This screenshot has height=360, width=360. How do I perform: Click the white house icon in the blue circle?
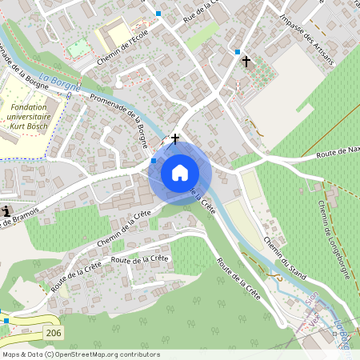point(180,172)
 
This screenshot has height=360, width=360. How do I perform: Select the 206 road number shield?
point(52,331)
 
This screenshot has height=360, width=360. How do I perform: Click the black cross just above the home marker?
point(175,138)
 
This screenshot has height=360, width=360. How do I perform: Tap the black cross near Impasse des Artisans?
point(246,61)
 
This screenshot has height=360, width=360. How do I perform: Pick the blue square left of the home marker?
point(154,161)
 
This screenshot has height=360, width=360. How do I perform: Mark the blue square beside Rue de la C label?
point(159,14)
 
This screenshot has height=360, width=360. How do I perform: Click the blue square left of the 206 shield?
point(6,320)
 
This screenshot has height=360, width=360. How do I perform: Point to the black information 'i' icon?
point(7,211)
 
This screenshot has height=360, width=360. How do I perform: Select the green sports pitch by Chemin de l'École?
point(78,48)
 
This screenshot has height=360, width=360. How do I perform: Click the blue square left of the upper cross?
point(238,52)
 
